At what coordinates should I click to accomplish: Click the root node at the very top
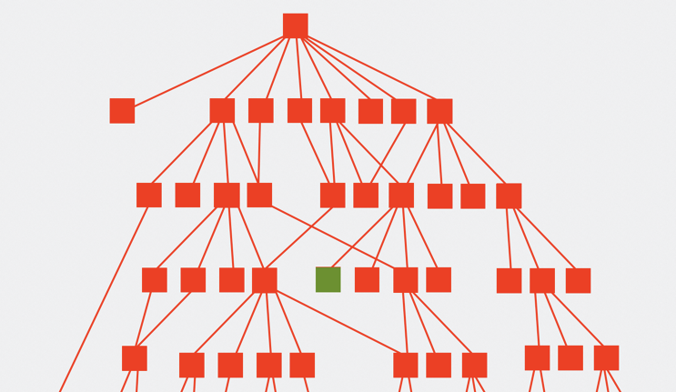click(x=295, y=25)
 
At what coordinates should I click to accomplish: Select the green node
click(x=328, y=279)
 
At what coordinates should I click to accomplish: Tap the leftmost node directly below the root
click(x=122, y=111)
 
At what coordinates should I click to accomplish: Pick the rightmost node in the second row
click(x=439, y=111)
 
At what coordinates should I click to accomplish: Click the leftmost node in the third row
click(x=149, y=195)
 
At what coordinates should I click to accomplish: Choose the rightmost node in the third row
click(x=509, y=196)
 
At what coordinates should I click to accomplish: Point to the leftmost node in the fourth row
click(x=155, y=280)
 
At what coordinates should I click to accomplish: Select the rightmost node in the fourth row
click(x=578, y=280)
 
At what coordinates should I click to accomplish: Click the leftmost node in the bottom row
click(x=135, y=358)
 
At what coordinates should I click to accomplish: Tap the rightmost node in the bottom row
click(x=606, y=357)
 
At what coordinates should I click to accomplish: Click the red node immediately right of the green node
click(x=367, y=279)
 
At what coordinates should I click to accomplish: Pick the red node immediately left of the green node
click(x=265, y=280)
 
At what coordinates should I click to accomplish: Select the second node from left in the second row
click(x=222, y=111)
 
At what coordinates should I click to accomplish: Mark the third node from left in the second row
click(x=261, y=111)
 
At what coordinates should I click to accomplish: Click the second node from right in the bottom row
click(x=570, y=357)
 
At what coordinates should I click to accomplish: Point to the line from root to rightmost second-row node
click(x=368, y=69)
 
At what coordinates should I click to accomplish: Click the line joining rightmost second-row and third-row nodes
click(x=475, y=154)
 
